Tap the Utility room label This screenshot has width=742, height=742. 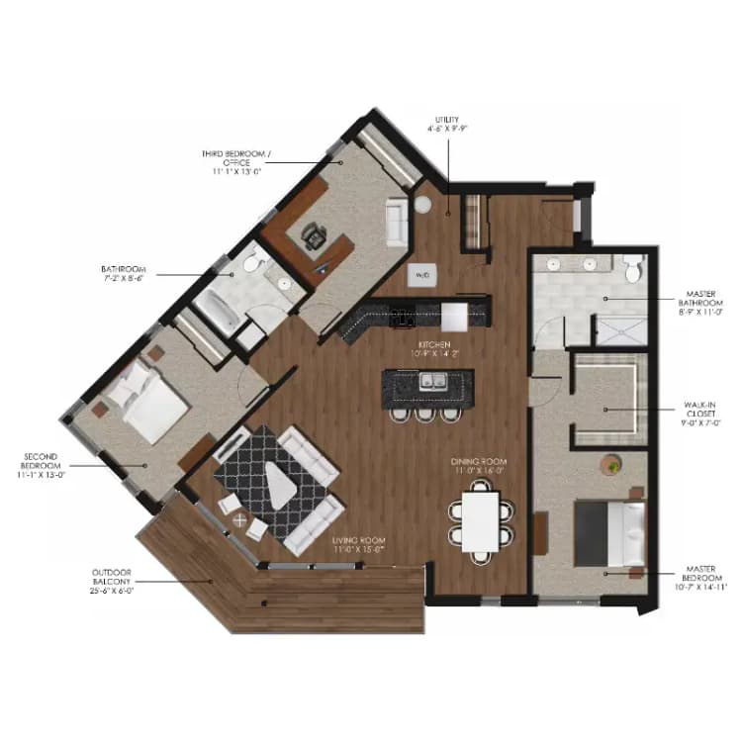[446, 123]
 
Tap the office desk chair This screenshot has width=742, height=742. [316, 235]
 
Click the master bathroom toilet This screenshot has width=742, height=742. [634, 267]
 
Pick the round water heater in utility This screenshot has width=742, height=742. [424, 206]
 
